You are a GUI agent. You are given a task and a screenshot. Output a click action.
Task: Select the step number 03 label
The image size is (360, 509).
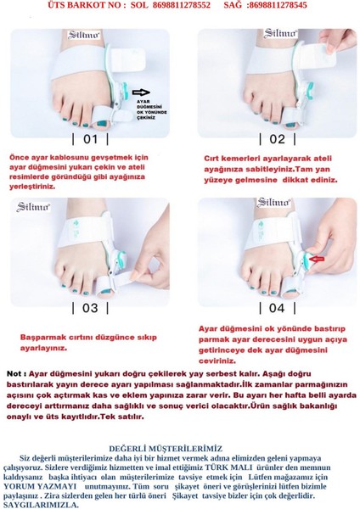[90, 308]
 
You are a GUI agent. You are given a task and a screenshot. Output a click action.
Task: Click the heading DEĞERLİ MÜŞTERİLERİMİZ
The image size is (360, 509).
[166, 448]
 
